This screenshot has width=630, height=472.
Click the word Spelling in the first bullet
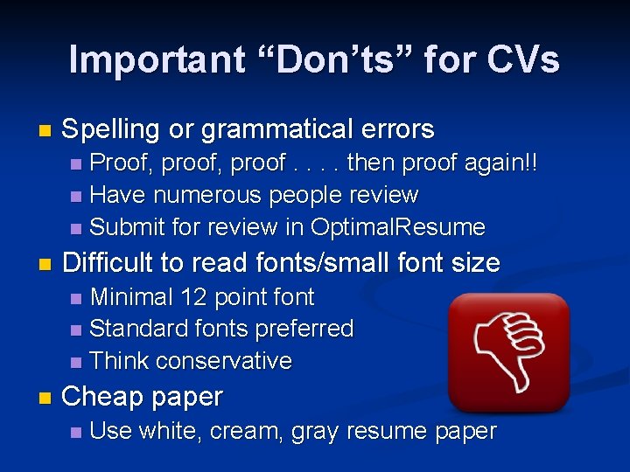click(112, 129)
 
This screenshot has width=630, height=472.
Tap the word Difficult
click(112, 262)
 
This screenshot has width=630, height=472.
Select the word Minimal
click(132, 296)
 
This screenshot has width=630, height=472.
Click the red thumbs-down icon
click(507, 352)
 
